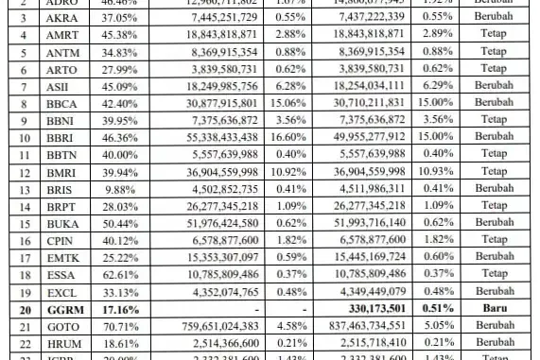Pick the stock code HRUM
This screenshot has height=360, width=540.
point(62,342)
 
